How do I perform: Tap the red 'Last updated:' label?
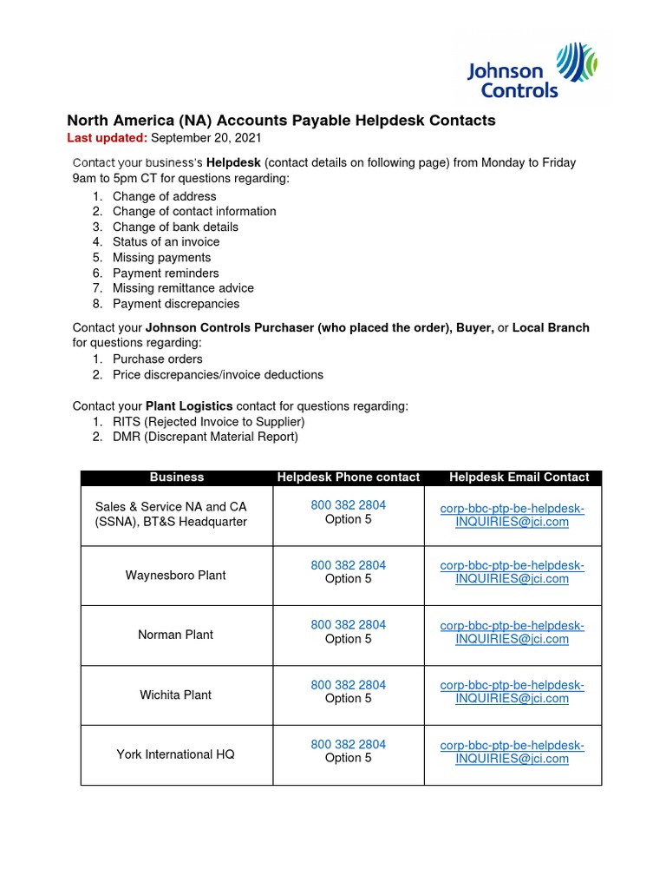(108, 138)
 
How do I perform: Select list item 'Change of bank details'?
(175, 227)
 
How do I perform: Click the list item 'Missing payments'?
(161, 258)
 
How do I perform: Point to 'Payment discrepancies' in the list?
(176, 304)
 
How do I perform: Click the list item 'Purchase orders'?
(158, 359)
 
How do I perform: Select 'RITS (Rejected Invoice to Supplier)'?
(208, 422)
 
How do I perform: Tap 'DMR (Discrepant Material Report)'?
(205, 437)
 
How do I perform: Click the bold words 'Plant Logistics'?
(189, 406)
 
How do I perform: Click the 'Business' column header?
(177, 477)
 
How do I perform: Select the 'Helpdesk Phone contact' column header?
(348, 477)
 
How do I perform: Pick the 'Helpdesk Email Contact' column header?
(519, 477)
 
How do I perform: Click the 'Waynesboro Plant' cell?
(176, 575)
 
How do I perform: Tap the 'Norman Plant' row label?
(176, 635)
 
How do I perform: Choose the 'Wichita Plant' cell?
(176, 695)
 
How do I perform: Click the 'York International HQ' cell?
(176, 754)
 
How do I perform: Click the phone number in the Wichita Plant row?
(348, 685)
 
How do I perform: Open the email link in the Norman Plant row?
(512, 632)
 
